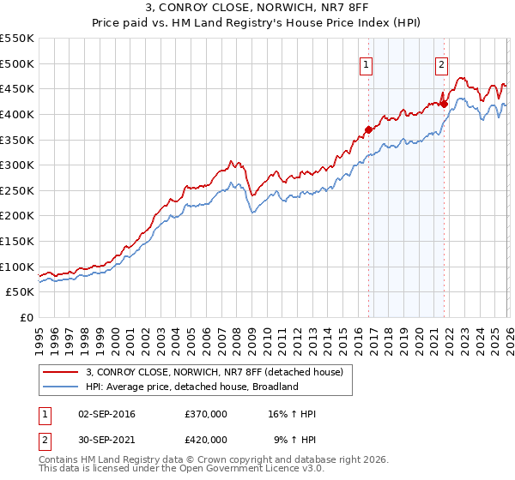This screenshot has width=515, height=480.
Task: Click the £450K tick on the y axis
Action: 17,88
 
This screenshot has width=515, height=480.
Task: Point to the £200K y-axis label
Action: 17,216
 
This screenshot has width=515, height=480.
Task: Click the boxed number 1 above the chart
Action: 367,63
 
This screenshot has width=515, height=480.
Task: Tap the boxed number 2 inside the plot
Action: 442,63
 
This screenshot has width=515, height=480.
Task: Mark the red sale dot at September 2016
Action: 368,129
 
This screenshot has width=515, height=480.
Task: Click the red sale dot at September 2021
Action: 445,104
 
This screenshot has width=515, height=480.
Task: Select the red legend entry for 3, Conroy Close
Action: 214,372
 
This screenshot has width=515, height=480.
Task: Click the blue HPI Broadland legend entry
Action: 191,387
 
